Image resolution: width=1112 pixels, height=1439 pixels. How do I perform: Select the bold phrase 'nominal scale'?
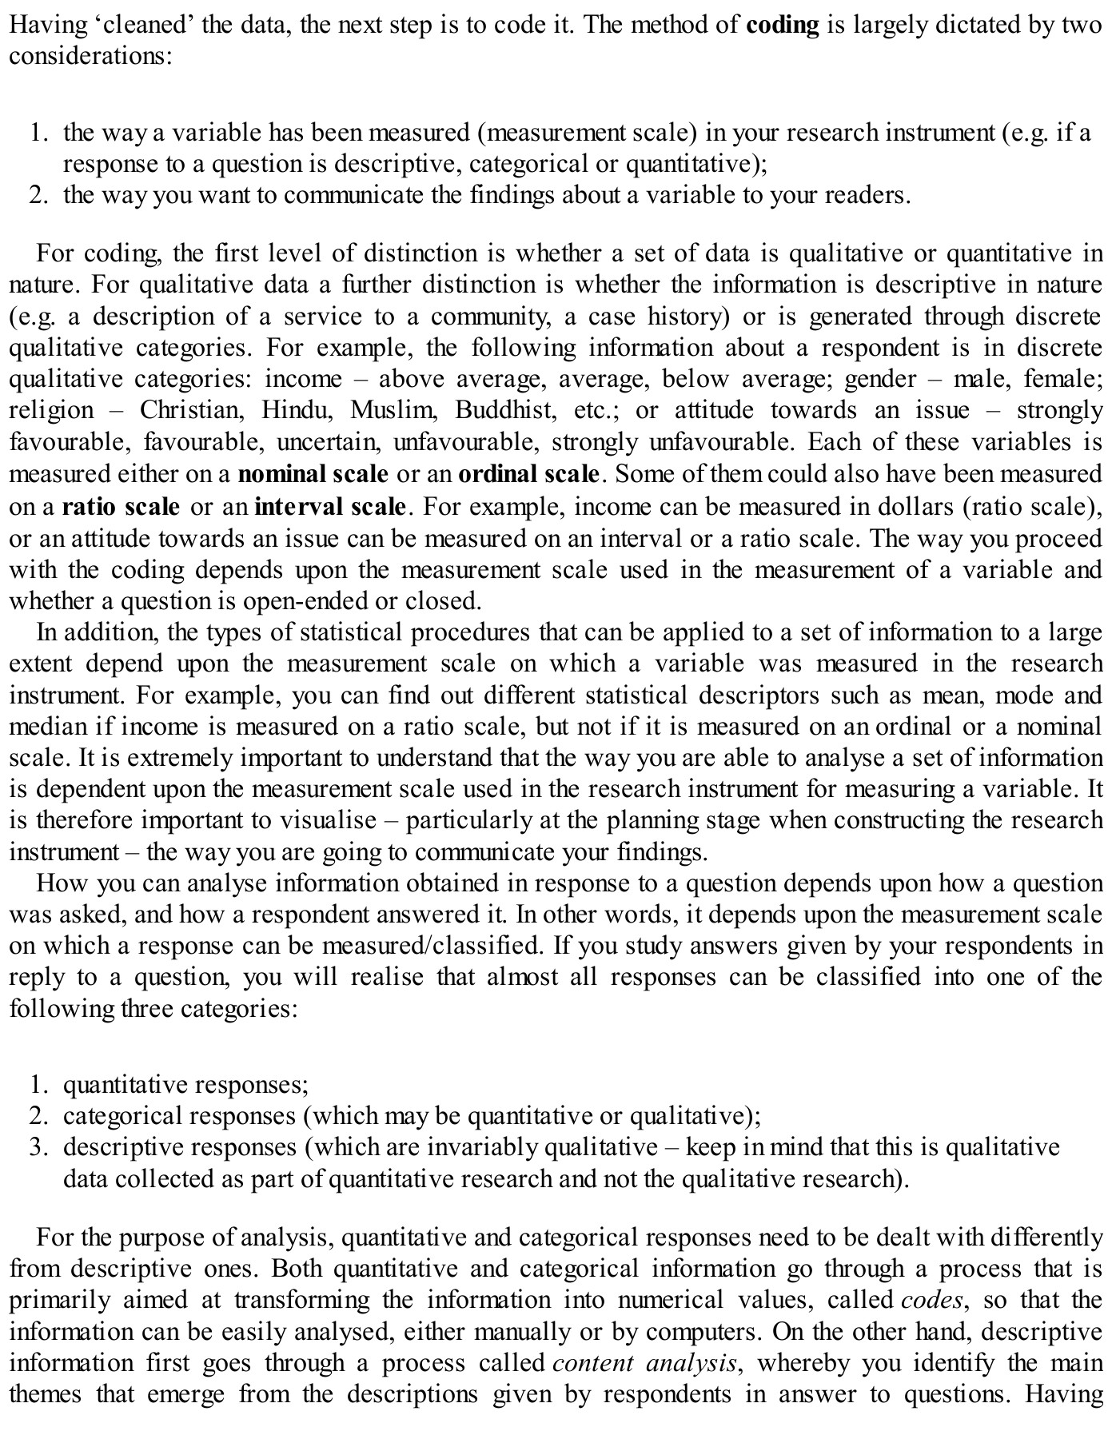coord(313,475)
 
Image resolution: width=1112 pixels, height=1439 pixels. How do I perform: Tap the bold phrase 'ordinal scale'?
coord(528,475)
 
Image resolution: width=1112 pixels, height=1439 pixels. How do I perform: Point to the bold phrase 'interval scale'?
coord(330,507)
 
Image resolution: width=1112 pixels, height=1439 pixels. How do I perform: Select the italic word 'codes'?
coord(931,1301)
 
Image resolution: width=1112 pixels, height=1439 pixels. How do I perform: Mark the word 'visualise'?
coord(328,821)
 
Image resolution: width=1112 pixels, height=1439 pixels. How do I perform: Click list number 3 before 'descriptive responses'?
coord(38,1148)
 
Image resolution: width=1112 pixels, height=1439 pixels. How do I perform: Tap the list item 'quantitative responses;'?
coord(185,1085)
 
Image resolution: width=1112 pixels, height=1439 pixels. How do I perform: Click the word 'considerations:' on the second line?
coord(91,58)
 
